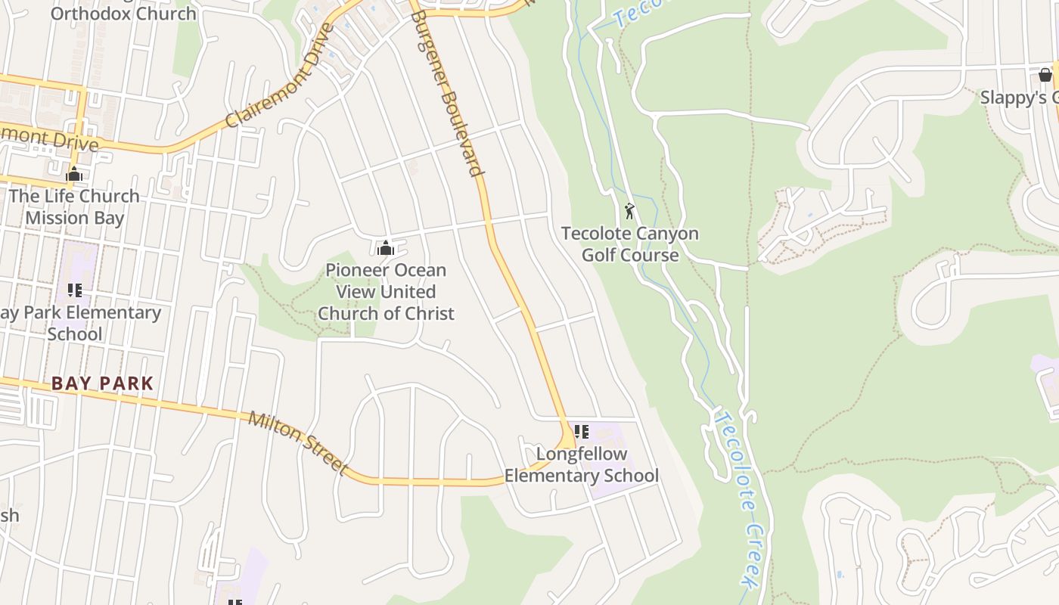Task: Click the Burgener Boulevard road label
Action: click(449, 93)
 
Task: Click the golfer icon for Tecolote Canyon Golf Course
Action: click(629, 211)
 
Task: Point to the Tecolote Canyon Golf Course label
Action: click(629, 244)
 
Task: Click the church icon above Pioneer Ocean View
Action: click(386, 247)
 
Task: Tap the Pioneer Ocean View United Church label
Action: click(386, 291)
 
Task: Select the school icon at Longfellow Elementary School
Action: click(581, 432)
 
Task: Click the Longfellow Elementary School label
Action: click(581, 464)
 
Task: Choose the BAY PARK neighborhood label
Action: click(103, 383)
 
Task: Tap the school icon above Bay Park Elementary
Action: click(74, 290)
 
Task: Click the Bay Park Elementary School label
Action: click(79, 323)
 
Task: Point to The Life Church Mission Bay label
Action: click(74, 206)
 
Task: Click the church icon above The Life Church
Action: click(74, 174)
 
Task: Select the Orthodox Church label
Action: click(123, 14)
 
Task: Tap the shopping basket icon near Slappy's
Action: click(1045, 75)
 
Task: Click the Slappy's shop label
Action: click(1018, 98)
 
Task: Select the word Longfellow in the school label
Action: click(582, 454)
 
